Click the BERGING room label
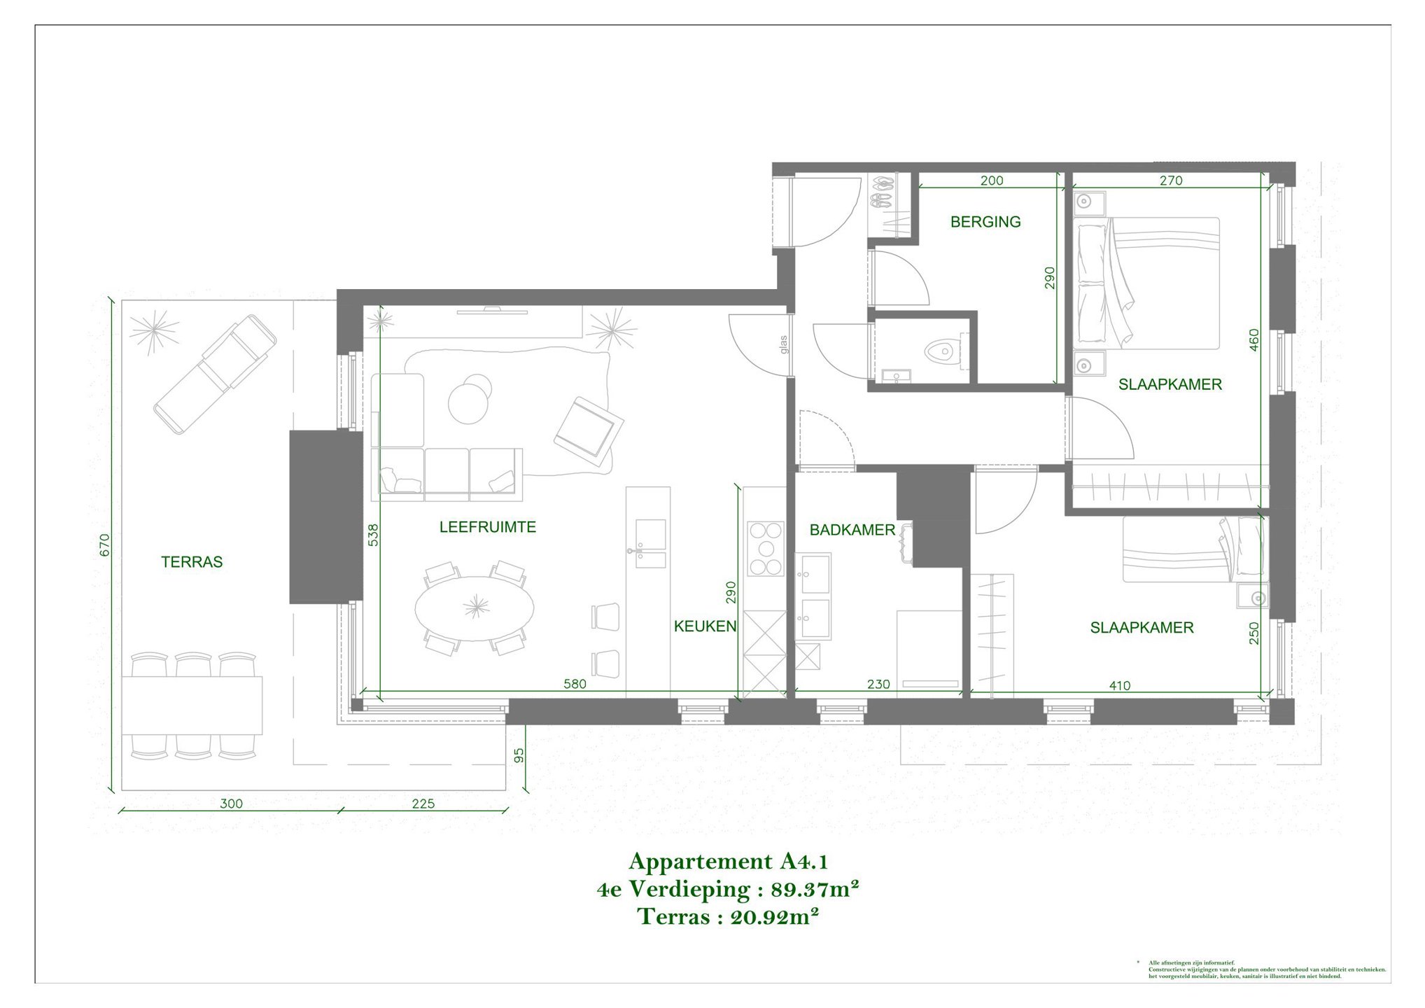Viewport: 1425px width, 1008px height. (x=985, y=222)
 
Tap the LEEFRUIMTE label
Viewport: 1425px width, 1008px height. (x=487, y=527)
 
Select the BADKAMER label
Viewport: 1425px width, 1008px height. (x=852, y=530)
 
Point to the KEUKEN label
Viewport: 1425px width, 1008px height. (x=705, y=626)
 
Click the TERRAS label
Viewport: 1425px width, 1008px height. (x=192, y=562)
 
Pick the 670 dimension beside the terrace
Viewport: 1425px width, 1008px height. (x=105, y=545)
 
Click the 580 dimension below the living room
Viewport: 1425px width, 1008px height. (x=575, y=684)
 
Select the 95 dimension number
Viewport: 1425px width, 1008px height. (x=519, y=756)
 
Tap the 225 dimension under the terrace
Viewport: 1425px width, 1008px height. (x=423, y=804)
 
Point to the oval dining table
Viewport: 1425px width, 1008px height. (x=475, y=608)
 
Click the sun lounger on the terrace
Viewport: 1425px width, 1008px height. (x=215, y=373)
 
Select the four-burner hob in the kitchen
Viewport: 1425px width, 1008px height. (x=765, y=549)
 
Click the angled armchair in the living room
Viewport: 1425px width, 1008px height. (x=588, y=428)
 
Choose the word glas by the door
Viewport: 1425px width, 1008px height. (x=783, y=344)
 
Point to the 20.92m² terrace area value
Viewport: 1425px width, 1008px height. (x=774, y=917)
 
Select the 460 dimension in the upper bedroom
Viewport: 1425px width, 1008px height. (x=1254, y=340)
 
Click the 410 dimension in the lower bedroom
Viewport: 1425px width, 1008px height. (x=1119, y=685)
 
